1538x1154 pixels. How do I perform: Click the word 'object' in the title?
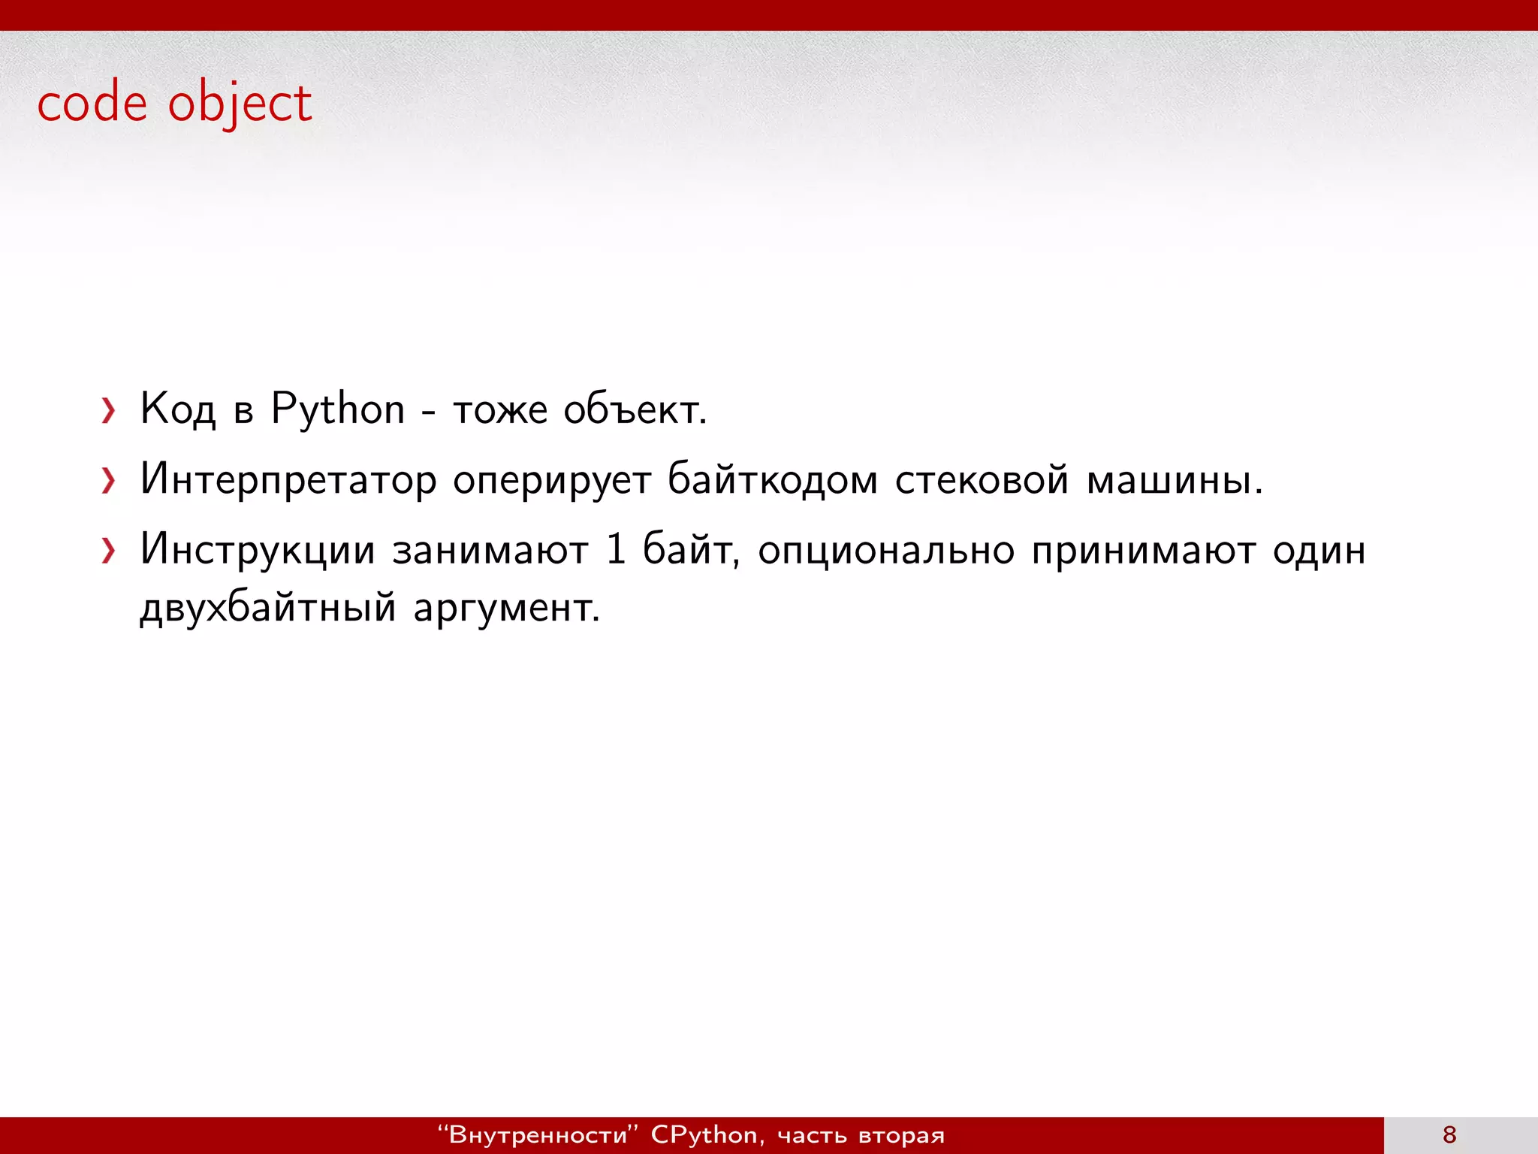pos(240,104)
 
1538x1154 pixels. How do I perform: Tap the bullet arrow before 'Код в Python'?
pos(109,411)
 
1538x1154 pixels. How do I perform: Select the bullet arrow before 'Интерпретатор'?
pos(109,481)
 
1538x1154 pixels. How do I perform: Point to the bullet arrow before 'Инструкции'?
pos(109,551)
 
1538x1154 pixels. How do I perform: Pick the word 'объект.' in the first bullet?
pos(635,409)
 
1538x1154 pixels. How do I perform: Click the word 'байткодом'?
pos(772,479)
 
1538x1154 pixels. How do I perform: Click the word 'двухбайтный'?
pos(267,607)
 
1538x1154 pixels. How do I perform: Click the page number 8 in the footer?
pos(1449,1134)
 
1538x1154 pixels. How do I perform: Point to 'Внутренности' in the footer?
pos(537,1134)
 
